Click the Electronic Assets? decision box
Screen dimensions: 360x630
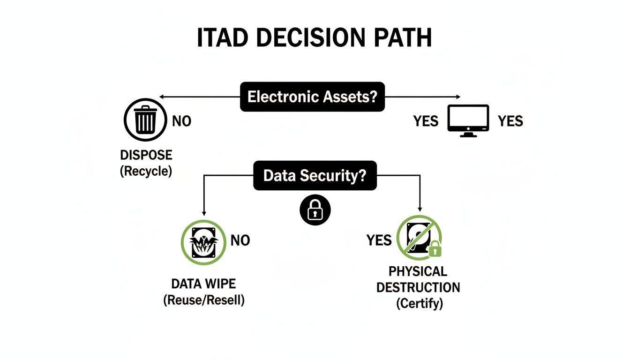click(312, 97)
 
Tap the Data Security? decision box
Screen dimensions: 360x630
click(315, 176)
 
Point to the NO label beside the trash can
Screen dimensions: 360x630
click(181, 121)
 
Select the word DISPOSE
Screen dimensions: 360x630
click(146, 155)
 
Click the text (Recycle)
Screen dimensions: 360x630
click(146, 171)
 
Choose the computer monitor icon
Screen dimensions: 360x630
click(468, 120)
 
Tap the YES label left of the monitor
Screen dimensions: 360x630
click(426, 121)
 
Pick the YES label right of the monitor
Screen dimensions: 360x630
click(510, 121)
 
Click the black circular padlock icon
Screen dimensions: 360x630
click(315, 211)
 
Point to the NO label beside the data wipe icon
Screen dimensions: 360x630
click(240, 241)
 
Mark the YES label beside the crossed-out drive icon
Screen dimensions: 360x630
click(379, 241)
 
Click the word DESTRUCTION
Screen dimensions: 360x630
click(418, 287)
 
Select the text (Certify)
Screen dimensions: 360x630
click(419, 303)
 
